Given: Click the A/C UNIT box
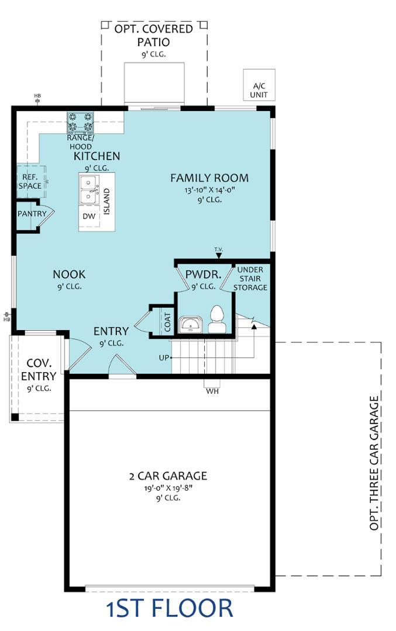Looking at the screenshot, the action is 259,85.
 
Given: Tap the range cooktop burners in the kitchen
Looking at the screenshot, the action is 80,122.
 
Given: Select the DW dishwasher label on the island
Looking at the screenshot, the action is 89,216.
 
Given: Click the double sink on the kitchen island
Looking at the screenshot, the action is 89,189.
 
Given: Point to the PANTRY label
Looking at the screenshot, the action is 32,214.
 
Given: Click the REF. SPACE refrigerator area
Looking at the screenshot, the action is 30,182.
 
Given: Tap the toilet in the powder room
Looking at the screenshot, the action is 216,319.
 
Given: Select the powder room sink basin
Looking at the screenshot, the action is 191,324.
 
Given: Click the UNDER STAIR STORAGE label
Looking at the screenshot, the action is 250,279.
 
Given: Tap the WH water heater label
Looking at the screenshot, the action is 212,391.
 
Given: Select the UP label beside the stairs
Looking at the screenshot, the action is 164,358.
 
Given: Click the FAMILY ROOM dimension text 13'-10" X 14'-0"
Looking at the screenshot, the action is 209,190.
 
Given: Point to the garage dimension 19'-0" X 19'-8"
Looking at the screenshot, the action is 169,488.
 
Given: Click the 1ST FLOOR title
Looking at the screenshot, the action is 169,608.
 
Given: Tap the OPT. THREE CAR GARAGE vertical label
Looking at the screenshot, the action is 374,463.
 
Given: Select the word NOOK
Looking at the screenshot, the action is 69,275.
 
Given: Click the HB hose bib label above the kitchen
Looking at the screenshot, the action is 37,96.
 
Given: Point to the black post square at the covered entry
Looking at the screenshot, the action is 15,417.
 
